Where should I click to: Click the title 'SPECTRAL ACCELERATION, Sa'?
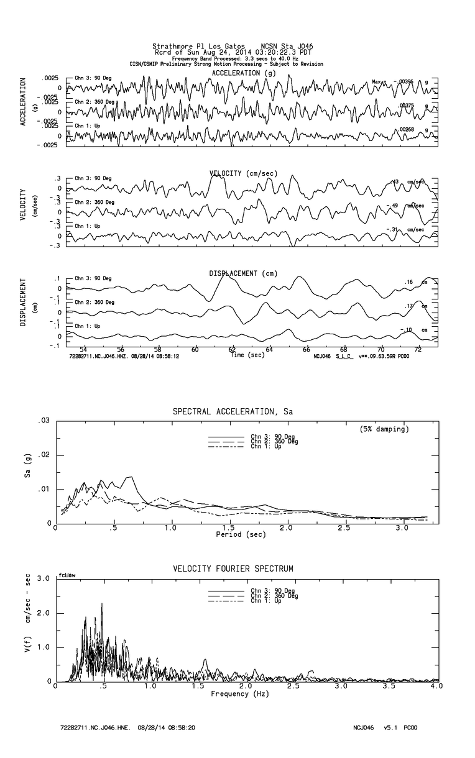(x=233, y=411)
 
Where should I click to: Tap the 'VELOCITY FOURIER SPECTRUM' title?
(x=233, y=568)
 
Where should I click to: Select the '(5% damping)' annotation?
(x=384, y=429)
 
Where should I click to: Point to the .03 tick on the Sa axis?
(x=44, y=421)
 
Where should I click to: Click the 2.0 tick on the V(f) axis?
(x=44, y=613)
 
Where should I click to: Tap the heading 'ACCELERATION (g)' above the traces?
(x=244, y=73)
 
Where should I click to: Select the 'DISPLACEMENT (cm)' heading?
(x=243, y=273)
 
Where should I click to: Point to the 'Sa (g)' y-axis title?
(x=27, y=473)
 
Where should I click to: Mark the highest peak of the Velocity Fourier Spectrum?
(x=101, y=604)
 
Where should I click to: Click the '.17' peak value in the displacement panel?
(x=408, y=306)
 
